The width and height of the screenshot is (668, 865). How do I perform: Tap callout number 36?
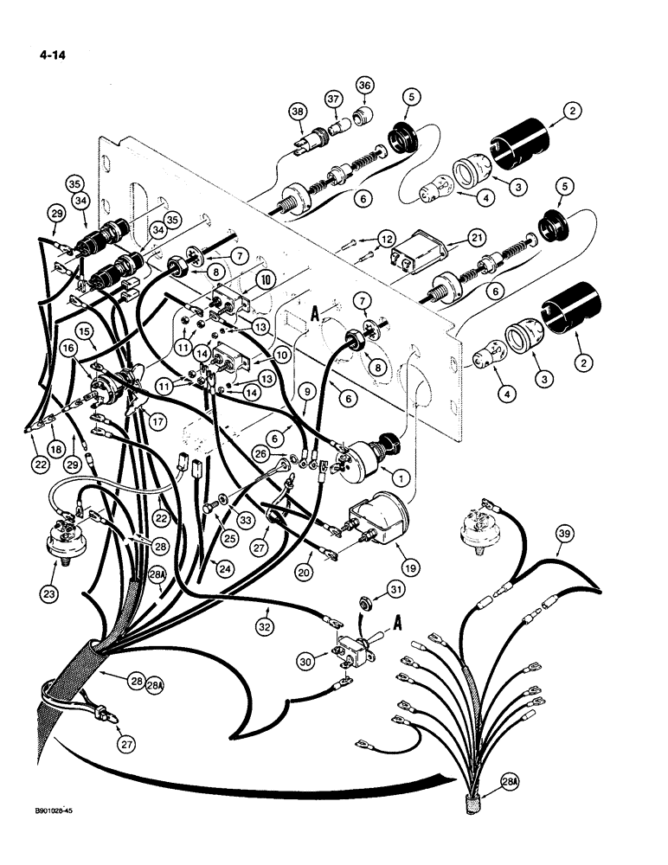[x=363, y=85]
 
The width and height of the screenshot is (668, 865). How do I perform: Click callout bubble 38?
[x=298, y=112]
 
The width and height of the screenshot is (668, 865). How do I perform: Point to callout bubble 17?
[x=156, y=424]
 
